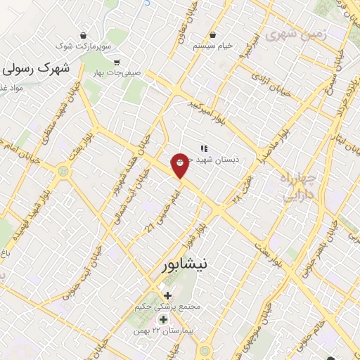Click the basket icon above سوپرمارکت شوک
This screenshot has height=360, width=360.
click(84, 34)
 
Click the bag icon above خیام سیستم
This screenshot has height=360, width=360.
click(212, 34)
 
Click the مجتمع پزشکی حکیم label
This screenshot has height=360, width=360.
click(169, 307)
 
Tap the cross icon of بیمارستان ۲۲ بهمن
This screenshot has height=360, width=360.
click(163, 320)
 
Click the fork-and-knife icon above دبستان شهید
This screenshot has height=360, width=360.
click(204, 148)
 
